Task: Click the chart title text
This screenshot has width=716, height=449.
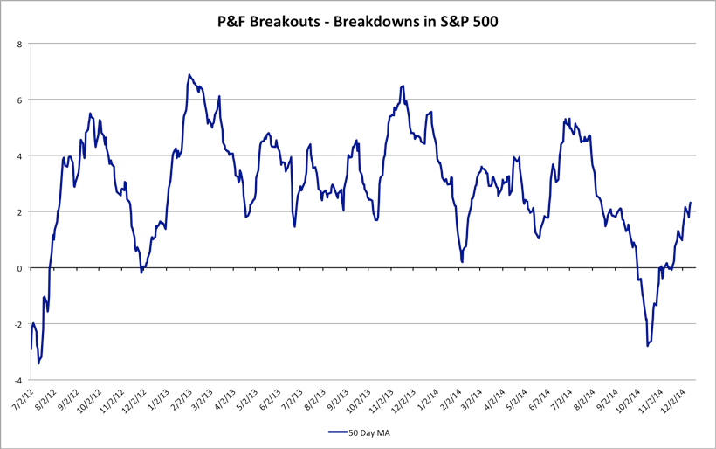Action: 357,22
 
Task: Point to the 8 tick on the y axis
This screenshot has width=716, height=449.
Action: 20,44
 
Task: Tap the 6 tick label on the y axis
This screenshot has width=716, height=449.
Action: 20,100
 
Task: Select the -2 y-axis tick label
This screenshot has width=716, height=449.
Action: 18,324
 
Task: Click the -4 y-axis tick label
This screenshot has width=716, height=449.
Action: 18,380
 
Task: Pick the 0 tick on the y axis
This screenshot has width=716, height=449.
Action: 20,268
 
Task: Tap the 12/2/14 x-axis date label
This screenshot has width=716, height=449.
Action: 676,401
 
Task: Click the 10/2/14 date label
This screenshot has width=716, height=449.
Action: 626,401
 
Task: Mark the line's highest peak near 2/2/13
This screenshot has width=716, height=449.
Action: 189,75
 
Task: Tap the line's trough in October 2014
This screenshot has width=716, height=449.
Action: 648,346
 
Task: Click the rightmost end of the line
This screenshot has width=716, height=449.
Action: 690,203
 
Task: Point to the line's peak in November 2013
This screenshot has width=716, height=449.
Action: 403,86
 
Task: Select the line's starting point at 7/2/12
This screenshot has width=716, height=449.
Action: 31,349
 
